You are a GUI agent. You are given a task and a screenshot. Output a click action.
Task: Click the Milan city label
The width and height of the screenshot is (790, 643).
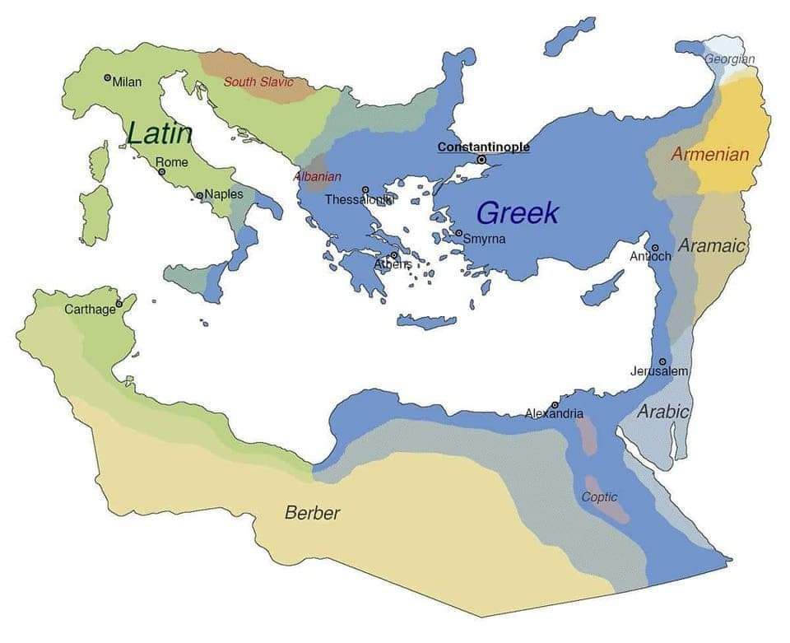coord(127,82)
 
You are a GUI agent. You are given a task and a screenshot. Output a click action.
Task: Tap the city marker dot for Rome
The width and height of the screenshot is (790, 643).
coord(162,172)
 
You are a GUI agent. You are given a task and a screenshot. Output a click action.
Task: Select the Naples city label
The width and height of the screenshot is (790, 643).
coord(223,194)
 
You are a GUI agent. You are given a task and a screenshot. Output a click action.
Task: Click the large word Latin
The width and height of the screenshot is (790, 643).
coord(160,133)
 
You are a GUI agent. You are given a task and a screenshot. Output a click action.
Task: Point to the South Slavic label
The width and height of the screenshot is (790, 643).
coord(258,82)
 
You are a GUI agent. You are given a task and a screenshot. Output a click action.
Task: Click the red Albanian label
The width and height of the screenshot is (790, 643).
coord(318,177)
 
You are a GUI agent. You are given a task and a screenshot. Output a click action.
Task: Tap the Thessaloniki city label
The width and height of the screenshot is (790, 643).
coord(360,199)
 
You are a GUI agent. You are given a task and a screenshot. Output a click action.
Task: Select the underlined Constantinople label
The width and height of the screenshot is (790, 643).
coord(483,147)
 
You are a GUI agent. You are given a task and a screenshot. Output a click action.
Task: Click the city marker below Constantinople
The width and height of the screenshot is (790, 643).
coord(482,160)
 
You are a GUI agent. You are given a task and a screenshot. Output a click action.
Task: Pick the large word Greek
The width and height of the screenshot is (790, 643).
coord(518,213)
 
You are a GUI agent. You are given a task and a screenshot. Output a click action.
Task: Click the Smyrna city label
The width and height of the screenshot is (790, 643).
coord(484,240)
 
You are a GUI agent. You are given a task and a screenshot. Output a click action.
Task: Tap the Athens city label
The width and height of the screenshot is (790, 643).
coord(393,264)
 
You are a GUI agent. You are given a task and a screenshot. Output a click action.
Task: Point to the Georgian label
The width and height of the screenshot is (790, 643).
coord(729,59)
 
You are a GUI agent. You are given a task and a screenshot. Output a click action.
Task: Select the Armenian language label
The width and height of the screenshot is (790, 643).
coord(710,154)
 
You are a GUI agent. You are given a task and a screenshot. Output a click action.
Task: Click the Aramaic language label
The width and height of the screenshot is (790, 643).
coord(712,245)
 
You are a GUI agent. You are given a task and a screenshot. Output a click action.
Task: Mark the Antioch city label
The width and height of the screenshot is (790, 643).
coord(650,256)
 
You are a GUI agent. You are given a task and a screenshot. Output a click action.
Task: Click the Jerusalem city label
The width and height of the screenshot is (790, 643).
coord(659,371)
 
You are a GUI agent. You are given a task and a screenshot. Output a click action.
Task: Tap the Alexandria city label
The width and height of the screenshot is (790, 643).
coord(554,413)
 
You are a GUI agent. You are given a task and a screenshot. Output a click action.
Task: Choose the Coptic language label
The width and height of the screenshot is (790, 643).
coord(599,497)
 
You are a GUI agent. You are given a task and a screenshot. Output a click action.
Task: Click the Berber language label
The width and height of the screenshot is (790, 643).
coord(312,513)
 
